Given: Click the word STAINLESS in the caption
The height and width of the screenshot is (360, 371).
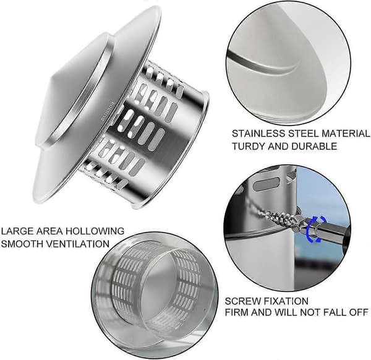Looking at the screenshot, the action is tap(258, 134).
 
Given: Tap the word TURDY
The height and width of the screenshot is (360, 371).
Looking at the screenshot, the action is tap(248, 146).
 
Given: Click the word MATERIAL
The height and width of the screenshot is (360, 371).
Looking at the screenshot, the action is tap(345, 134).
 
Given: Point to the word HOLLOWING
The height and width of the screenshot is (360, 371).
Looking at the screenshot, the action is tap(95, 231).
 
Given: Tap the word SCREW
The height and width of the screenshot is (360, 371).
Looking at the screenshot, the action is tap(243, 301).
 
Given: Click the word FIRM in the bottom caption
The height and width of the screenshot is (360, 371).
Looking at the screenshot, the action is tap(236, 312).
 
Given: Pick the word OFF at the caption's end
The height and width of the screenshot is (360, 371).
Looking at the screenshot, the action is tap(359, 312).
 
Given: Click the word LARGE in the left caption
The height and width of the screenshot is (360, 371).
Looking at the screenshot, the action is tap(17, 231).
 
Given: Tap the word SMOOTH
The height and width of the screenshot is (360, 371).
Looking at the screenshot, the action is tap(22, 244).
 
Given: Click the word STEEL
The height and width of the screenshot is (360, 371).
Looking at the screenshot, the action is tap(303, 134).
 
